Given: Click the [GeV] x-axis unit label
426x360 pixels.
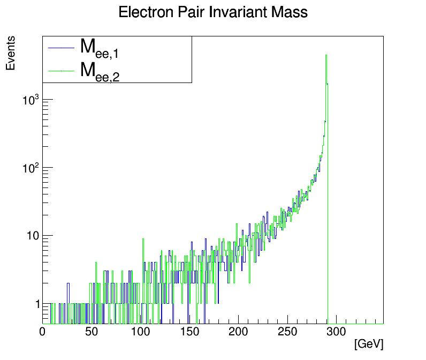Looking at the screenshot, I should pos(369,344).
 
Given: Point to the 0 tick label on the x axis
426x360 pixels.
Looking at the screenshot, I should pos(43,332).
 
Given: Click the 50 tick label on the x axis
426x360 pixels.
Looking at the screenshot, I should pos(92,332).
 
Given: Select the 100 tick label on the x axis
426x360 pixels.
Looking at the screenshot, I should pos(140,332).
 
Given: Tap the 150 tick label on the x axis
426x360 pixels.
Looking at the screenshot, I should pos(189,332).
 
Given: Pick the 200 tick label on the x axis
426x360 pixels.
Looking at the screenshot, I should pos(238,332).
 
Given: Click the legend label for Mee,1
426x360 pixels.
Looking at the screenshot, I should pos(100,48).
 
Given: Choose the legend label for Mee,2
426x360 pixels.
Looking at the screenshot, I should pos(100,71).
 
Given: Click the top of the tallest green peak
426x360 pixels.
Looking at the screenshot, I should pos(326,55).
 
